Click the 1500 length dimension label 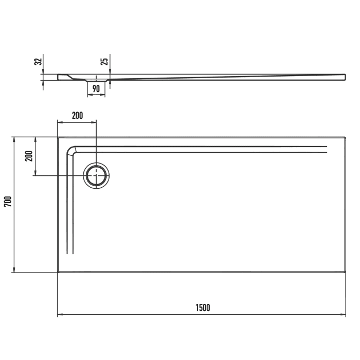coord(203,308)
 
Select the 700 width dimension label coord(7,202)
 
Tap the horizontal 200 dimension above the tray coord(77,116)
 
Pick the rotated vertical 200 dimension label coord(29,156)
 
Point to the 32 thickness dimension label coord(37,62)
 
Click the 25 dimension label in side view coord(104,62)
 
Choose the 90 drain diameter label coord(96,89)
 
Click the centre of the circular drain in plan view coord(96,176)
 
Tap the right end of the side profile coord(345,77)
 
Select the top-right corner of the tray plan coord(345,137)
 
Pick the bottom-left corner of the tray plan coord(57,272)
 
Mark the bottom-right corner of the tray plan coord(345,272)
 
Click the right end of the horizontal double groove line coord(327,150)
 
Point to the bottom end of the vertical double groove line coord(71,254)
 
